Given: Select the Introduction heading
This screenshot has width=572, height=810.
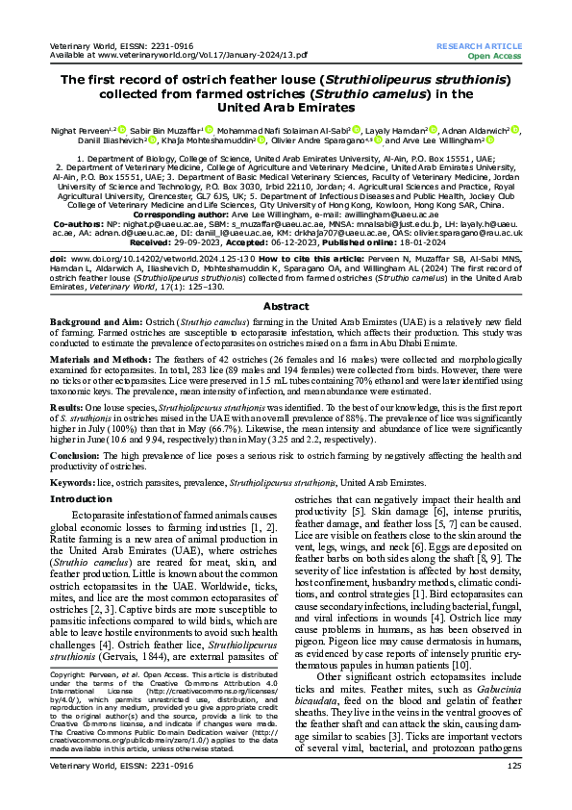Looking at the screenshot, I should point(82,499).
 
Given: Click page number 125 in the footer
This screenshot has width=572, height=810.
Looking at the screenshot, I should point(513,792).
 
